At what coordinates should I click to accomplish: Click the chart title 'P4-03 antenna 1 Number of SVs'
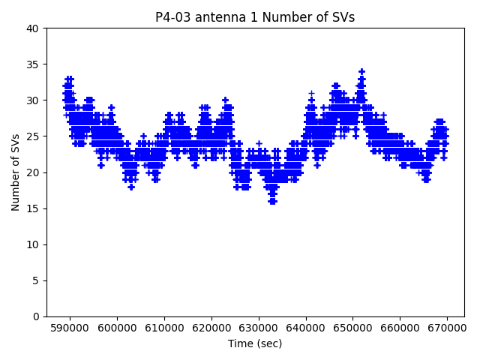click(255, 17)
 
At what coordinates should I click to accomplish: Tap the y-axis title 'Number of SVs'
click(16, 172)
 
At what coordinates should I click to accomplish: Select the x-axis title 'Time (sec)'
click(255, 343)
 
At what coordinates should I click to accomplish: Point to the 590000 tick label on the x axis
click(70, 328)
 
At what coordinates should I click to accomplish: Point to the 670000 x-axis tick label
click(448, 328)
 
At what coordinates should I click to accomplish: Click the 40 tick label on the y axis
click(33, 28)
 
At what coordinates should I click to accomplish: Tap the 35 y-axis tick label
click(33, 64)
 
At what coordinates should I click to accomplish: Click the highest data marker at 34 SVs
click(361, 72)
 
